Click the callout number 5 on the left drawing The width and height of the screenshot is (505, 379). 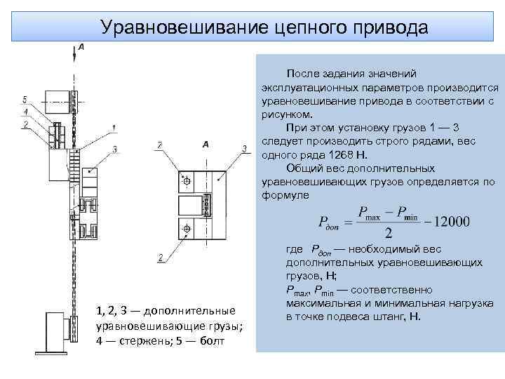pyautogui.click(x=25, y=98)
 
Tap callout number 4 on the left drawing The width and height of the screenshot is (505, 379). pyautogui.click(x=25, y=111)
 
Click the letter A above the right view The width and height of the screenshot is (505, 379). pyautogui.click(x=206, y=145)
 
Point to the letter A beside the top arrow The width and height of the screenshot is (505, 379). pyautogui.click(x=81, y=46)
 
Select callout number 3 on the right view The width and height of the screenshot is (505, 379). pyautogui.click(x=243, y=148)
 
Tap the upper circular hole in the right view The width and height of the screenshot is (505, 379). pyautogui.click(x=187, y=181)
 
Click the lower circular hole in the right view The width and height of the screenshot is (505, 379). pyautogui.click(x=187, y=230)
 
